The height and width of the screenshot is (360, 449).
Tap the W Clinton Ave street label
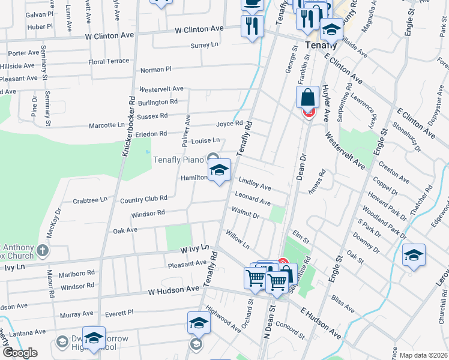click(x=199, y=29)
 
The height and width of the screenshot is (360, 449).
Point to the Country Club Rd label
click(x=143, y=198)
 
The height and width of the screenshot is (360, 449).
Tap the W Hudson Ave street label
click(x=173, y=289)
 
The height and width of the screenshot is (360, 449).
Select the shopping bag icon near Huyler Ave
click(x=307, y=98)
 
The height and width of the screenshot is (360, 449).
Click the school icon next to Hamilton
click(x=219, y=170)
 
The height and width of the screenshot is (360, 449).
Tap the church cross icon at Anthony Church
click(x=42, y=250)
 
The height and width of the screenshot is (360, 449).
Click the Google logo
click(x=20, y=353)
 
